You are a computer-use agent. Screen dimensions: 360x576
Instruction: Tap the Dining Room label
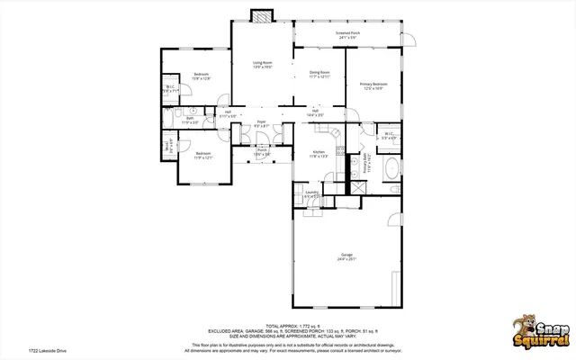[319, 74]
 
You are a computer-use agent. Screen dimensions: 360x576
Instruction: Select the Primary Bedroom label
[374, 85]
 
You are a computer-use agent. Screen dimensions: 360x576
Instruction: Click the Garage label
[346, 256]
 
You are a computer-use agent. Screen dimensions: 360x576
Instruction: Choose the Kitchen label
[319, 153]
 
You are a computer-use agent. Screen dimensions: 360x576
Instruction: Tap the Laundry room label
[312, 193]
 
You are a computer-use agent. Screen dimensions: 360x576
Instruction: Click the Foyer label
[261, 122]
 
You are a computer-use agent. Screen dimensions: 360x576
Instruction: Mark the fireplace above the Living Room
[262, 16]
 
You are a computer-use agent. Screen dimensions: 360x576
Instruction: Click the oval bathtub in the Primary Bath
[392, 168]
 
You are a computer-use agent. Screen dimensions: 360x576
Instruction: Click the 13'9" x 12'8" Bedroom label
[201, 76]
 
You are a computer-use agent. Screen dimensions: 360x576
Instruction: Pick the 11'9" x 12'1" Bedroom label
[204, 156]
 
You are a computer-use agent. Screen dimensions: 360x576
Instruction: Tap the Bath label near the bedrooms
[191, 120]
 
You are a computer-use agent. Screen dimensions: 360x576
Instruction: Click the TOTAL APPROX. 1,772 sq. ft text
[288, 325]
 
